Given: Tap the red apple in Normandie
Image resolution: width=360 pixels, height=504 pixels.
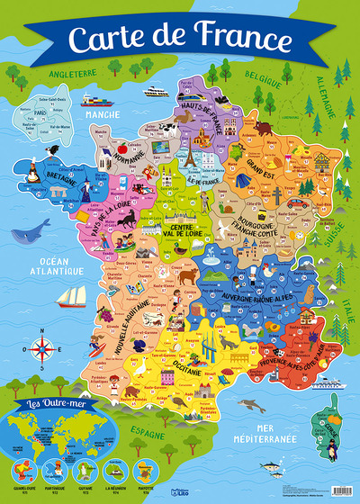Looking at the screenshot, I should pyautogui.click(x=121, y=147).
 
